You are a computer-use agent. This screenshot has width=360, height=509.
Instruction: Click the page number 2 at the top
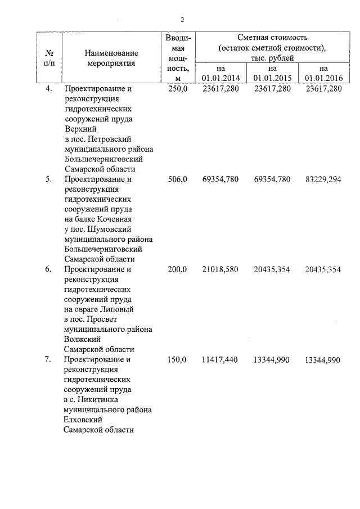tap(182, 20)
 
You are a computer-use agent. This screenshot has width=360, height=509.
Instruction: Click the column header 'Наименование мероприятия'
tap(111, 58)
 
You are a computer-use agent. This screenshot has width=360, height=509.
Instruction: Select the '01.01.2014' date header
tap(220, 77)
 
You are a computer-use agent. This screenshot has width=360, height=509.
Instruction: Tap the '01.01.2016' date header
tap(323, 77)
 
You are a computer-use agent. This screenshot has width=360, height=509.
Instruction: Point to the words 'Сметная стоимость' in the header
tap(272, 38)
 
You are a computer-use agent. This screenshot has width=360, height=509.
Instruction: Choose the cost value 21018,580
tap(220, 269)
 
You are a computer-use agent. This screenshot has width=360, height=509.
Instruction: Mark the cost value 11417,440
tap(220, 359)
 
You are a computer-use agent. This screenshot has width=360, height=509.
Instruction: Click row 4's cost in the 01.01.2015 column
tap(272, 89)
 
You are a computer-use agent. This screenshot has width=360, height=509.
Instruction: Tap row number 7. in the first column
tap(49, 359)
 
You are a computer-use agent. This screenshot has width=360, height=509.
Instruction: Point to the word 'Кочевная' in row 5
tap(114, 219)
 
